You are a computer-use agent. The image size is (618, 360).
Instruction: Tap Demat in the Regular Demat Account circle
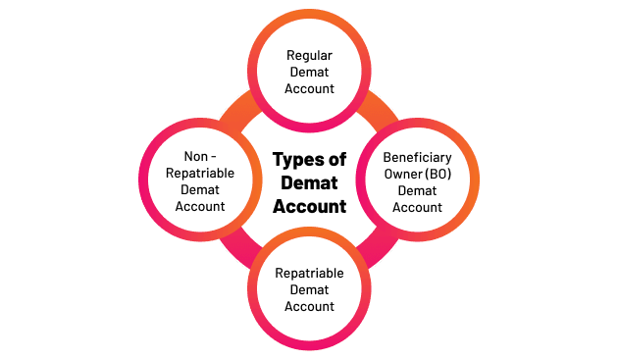pos(309,73)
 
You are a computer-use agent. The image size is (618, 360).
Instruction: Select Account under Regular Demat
pos(309,89)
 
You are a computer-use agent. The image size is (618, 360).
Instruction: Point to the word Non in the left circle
pos(192,157)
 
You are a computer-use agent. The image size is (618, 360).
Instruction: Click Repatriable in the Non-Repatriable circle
pos(199,174)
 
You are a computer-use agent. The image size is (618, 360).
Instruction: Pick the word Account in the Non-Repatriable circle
pos(199,207)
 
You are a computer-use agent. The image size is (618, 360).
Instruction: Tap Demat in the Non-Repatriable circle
pos(199,190)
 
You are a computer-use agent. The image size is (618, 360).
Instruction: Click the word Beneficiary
pos(417,157)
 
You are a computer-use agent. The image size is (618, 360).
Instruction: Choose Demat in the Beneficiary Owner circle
pos(417,190)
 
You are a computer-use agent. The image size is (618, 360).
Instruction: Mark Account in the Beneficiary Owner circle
pos(417,207)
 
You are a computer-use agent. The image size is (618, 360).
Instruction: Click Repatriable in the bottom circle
pos(309,273)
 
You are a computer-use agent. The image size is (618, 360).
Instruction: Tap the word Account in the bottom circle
pos(309,306)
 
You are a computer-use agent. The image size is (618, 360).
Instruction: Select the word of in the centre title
pos(336,160)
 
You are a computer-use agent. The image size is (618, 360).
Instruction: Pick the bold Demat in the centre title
pos(309,182)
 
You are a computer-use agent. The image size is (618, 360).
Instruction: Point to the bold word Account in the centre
pos(309,206)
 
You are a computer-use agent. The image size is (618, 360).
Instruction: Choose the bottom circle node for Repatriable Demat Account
pos(309,289)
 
